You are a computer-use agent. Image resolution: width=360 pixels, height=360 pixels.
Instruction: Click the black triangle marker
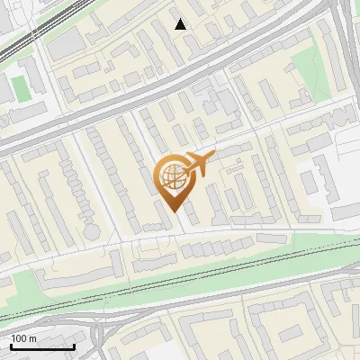pos(181,24)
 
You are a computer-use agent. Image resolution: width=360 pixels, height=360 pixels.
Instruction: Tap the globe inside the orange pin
pos(171,176)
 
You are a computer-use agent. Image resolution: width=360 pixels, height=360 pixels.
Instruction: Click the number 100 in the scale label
pos(19,338)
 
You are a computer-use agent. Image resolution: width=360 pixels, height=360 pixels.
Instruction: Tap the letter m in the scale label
pos(32,338)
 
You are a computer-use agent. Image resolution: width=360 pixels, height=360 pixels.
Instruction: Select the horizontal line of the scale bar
pos(42,347)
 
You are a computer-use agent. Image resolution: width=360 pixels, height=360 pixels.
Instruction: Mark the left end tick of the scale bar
pos(11,346)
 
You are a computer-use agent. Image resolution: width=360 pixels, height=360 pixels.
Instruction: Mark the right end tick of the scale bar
pos(74,346)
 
